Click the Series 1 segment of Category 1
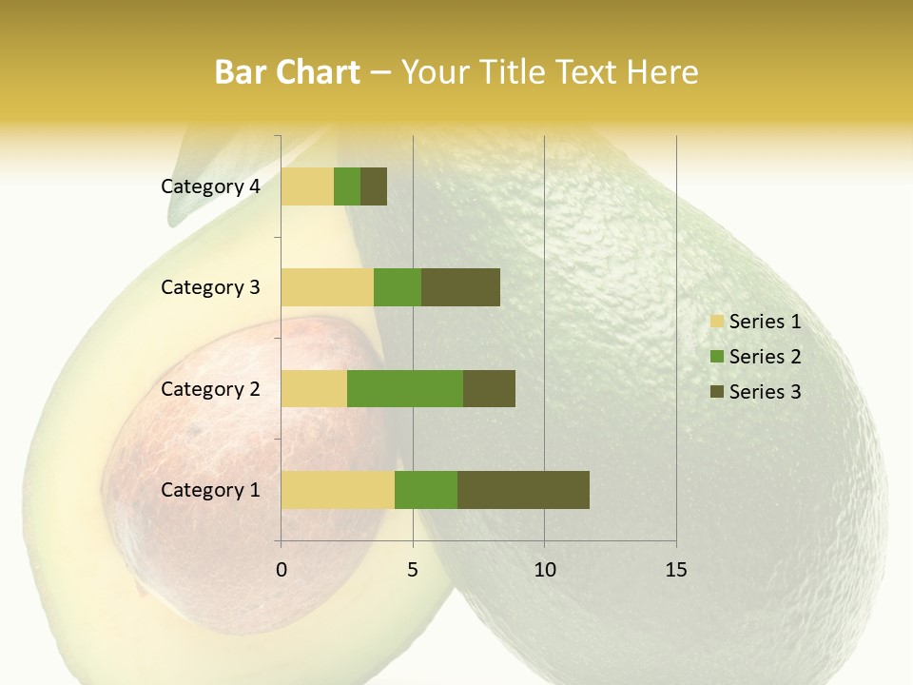[x=338, y=489]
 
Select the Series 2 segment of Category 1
[x=426, y=489]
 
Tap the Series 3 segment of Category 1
[x=523, y=489]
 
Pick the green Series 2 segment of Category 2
[x=405, y=388]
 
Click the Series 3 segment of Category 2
[x=489, y=388]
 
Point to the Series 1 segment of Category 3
[x=327, y=287]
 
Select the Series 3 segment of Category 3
[x=460, y=287]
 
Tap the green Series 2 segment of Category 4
[x=347, y=186]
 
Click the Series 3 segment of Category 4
[x=374, y=186]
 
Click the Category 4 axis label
[x=210, y=186]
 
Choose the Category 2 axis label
[x=210, y=388]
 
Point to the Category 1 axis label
[x=210, y=490]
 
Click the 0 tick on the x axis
[x=282, y=570]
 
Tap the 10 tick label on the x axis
[x=544, y=570]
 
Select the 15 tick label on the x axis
[x=676, y=570]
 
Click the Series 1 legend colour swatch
[x=716, y=322]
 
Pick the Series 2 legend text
[x=765, y=357]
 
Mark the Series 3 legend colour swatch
[x=716, y=392]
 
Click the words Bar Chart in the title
[x=287, y=72]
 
